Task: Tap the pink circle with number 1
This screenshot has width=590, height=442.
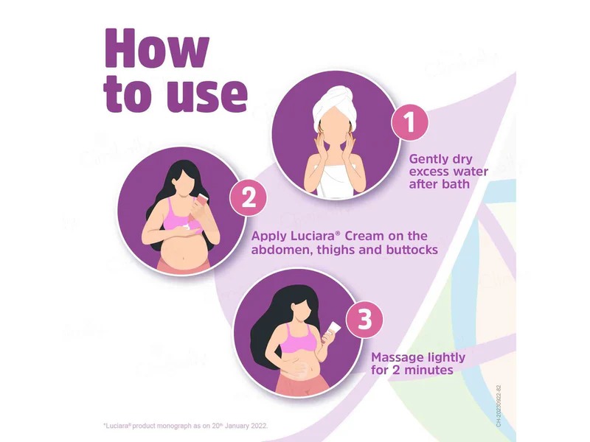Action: [x=409, y=122]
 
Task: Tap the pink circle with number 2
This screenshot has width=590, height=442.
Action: [x=249, y=198]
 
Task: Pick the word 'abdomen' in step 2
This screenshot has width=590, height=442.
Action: [x=280, y=250]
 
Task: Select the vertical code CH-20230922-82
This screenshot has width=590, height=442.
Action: [x=499, y=406]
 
